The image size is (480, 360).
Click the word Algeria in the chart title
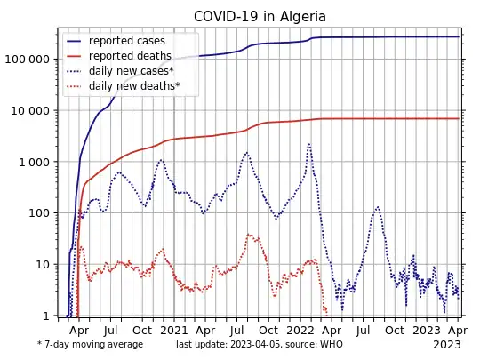tap(298, 17)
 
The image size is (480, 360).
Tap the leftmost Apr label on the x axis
tap(78, 331)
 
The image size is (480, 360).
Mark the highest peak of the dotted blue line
tap(309, 143)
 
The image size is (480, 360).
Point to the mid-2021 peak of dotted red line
tap(249, 235)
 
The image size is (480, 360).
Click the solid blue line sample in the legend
tap(76, 41)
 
